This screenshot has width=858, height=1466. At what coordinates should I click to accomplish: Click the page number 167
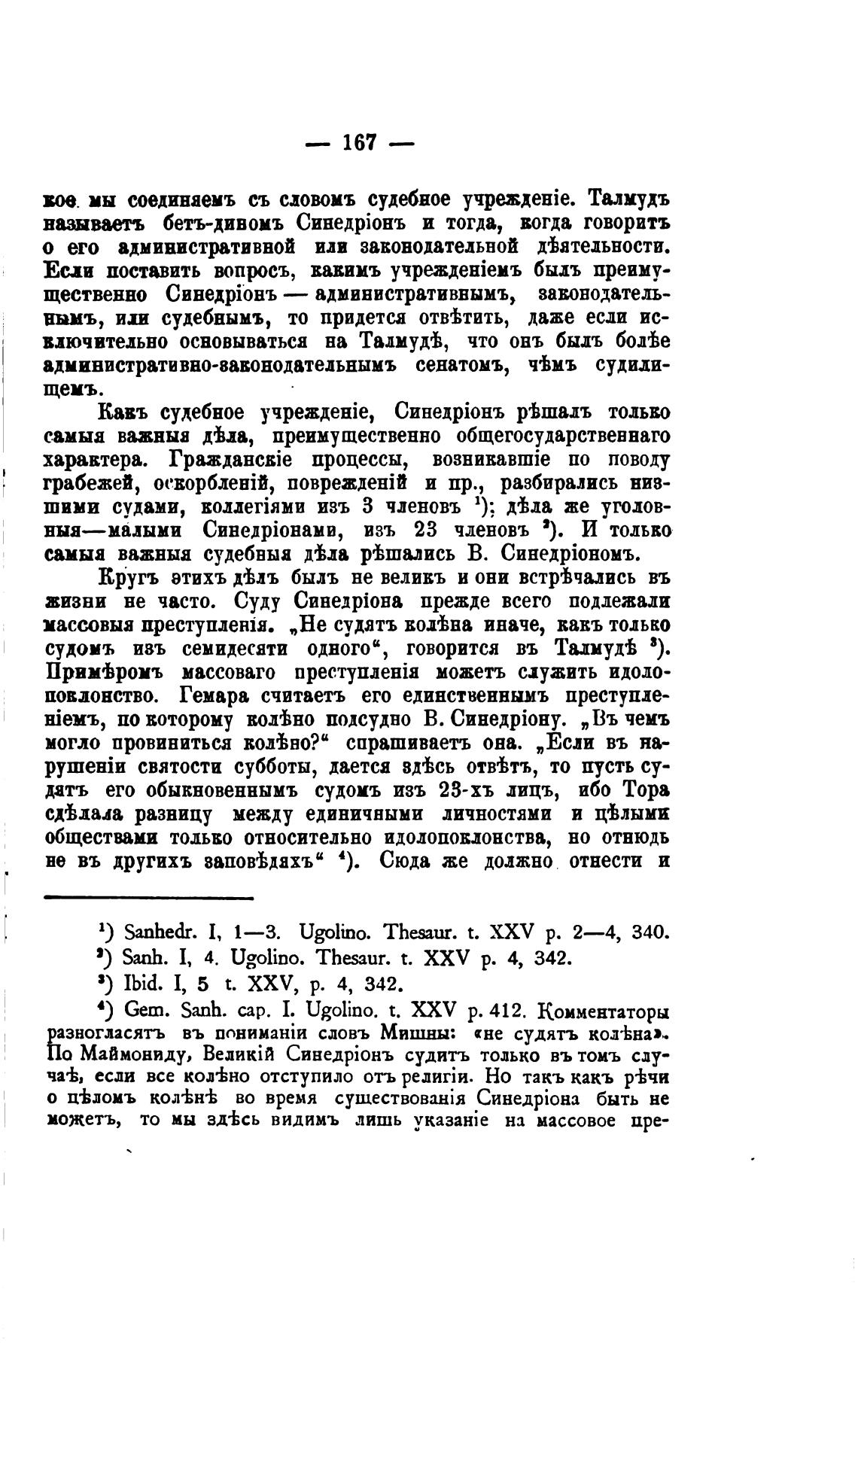359,142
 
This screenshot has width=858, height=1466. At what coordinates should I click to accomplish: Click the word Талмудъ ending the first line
629,201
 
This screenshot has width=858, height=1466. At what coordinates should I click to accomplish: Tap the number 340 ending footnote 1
649,933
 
